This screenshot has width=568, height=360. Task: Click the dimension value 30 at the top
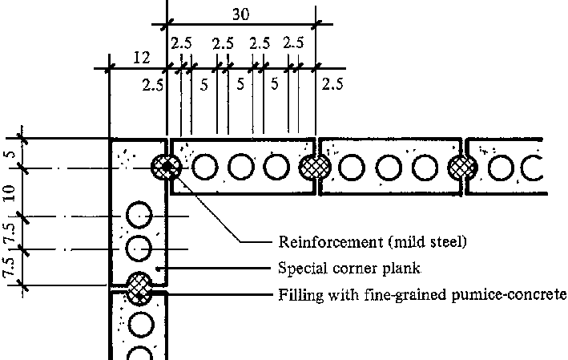240,14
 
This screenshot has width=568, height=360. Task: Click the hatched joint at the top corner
167,168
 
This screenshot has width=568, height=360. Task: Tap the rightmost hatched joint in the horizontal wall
462,167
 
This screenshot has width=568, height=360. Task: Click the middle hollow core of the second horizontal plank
386,167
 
